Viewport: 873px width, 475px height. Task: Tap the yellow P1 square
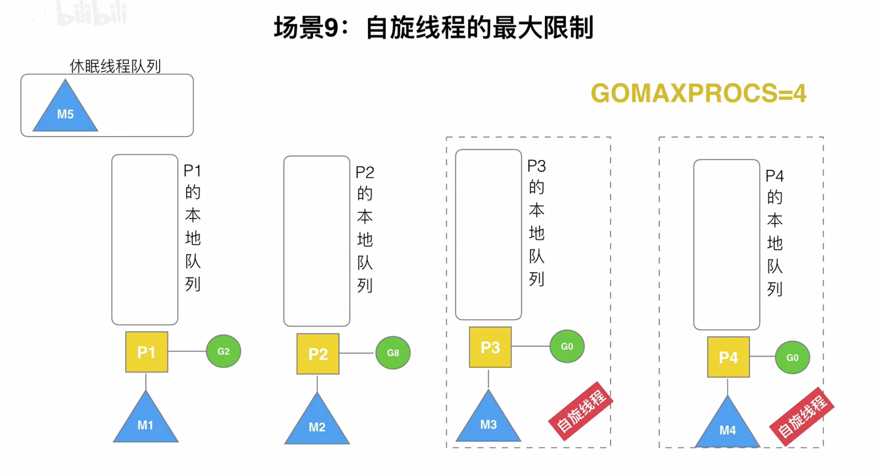tap(146, 352)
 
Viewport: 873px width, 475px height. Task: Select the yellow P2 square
tap(318, 354)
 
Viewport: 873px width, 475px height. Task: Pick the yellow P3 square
tap(490, 347)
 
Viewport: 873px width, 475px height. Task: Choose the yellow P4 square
tap(728, 358)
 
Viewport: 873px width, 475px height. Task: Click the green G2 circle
tap(223, 352)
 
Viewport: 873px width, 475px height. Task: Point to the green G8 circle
tap(393, 353)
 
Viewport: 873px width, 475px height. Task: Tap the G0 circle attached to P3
tap(567, 346)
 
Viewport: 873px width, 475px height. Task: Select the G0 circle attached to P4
tap(792, 358)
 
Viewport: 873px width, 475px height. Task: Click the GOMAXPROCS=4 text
tap(698, 93)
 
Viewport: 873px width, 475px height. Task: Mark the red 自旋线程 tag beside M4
tap(802, 416)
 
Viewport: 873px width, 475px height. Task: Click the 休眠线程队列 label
tap(115, 66)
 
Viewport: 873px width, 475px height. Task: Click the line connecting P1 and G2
tap(187, 352)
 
